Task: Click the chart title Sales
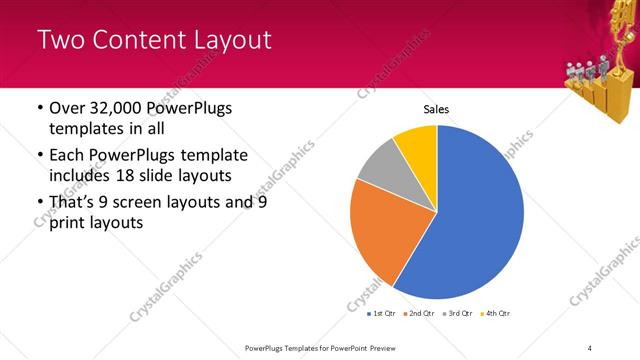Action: [437, 109]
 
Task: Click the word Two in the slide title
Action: [59, 40]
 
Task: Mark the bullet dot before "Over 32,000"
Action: [38, 109]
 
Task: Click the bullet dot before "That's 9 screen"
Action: [38, 202]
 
